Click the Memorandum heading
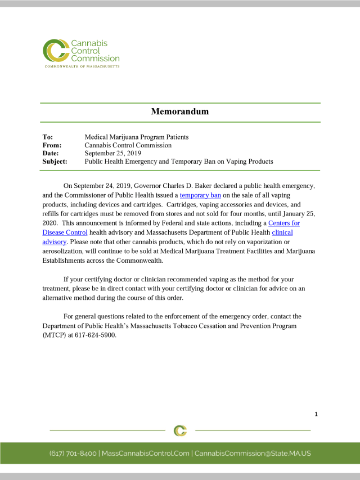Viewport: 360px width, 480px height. (x=179, y=111)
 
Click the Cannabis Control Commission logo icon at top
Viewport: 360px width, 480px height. (x=55, y=51)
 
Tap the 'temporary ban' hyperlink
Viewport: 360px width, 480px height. (x=200, y=195)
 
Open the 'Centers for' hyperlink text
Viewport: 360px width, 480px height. (x=284, y=223)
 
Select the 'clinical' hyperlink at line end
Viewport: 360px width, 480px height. (x=282, y=232)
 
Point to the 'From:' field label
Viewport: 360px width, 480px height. (x=52, y=145)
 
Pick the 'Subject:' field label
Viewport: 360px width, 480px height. (x=55, y=162)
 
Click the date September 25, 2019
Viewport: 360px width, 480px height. (x=113, y=153)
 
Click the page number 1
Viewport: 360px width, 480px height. (x=316, y=414)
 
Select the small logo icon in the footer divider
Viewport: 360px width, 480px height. (x=180, y=430)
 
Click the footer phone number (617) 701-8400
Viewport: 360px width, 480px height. (x=73, y=453)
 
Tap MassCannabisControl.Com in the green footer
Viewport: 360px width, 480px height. (x=145, y=453)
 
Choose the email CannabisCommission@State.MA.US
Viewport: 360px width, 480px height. (x=253, y=453)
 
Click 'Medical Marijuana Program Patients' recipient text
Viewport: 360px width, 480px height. (x=137, y=137)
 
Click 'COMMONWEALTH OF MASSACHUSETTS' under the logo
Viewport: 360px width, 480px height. (x=82, y=66)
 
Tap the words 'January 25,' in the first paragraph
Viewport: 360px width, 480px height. (x=296, y=214)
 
